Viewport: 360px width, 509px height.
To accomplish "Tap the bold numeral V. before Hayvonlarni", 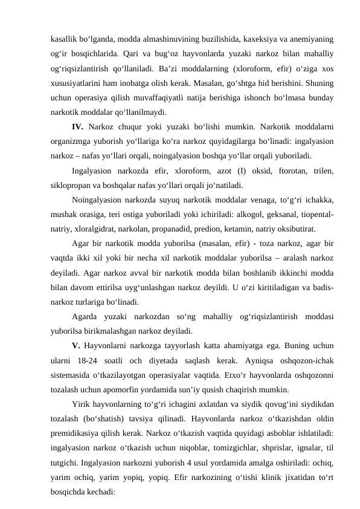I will tap(76, 346).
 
